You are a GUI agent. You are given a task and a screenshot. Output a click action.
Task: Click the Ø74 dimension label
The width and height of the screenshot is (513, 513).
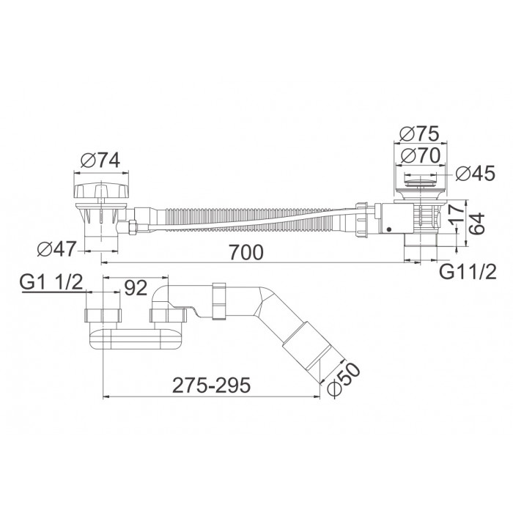pos(101,160)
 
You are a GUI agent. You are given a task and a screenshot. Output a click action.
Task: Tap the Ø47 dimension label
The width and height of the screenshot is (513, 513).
pos(56,249)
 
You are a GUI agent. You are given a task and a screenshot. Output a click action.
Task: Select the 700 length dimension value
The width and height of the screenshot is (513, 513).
pos(246,252)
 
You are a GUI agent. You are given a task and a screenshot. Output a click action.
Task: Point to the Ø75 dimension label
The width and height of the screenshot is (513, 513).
pos(419,133)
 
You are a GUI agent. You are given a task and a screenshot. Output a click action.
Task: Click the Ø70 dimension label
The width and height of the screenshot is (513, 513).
pos(421,155)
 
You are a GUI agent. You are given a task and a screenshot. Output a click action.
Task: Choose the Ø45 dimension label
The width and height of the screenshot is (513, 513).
pos(475,173)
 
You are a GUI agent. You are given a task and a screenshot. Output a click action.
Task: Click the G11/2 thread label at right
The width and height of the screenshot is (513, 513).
pos(468,272)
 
